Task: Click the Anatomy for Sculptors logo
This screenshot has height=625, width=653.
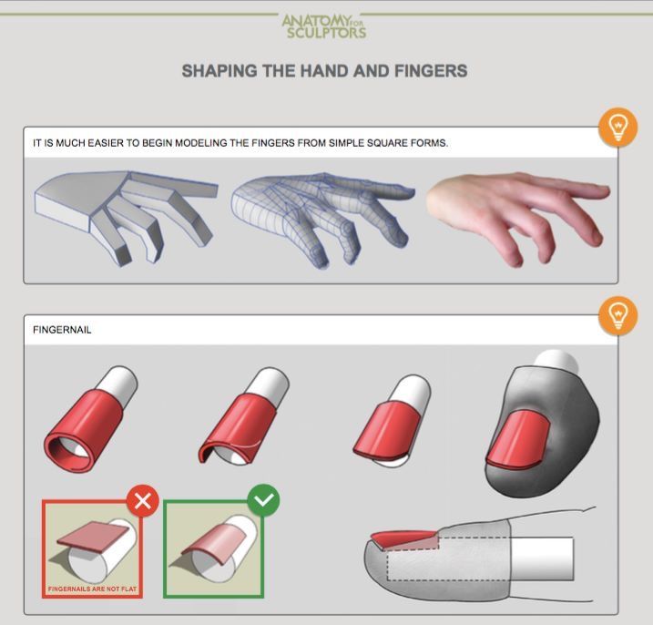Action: (x=324, y=26)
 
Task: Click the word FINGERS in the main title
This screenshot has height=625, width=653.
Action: (x=431, y=71)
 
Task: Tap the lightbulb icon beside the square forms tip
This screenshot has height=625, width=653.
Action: (x=618, y=127)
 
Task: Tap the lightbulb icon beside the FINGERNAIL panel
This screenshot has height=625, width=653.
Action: (x=618, y=315)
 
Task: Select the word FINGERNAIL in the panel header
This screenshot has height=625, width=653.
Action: (x=62, y=330)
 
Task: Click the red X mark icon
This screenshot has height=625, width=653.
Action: (x=143, y=501)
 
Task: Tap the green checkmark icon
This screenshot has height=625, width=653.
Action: (x=263, y=500)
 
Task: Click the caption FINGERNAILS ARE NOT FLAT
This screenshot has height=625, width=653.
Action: (x=93, y=589)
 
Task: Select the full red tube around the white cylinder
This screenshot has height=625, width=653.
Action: (x=83, y=429)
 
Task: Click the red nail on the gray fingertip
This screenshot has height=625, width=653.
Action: (x=518, y=439)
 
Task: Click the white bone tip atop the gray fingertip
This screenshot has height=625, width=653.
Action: (x=556, y=361)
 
